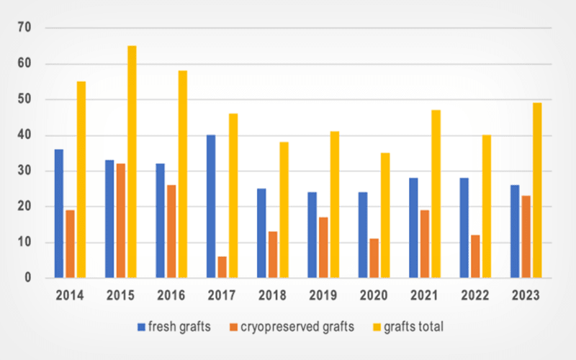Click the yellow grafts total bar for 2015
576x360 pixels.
[132, 162]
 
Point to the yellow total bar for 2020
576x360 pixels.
[385, 215]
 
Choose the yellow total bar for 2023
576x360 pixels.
[537, 191]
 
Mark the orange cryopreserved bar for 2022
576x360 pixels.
[475, 256]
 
